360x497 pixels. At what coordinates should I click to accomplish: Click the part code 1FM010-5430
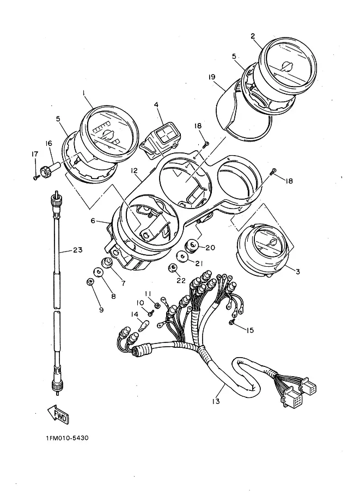pos(68,438)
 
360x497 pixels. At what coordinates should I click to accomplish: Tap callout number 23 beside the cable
pos(77,250)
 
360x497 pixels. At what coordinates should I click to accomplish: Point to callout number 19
pos(212,77)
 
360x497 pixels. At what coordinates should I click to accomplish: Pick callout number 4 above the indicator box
pos(156,105)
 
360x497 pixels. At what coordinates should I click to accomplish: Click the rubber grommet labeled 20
pos(191,247)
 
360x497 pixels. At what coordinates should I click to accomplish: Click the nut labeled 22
pos(173,267)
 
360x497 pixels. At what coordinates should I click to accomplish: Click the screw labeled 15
pos(233,323)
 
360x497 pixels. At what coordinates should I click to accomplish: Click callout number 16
pos(48,143)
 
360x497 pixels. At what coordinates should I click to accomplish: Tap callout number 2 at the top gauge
pos(253,36)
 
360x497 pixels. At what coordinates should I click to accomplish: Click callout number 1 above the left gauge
pos(84,94)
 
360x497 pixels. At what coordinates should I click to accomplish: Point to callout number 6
pos(93,221)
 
